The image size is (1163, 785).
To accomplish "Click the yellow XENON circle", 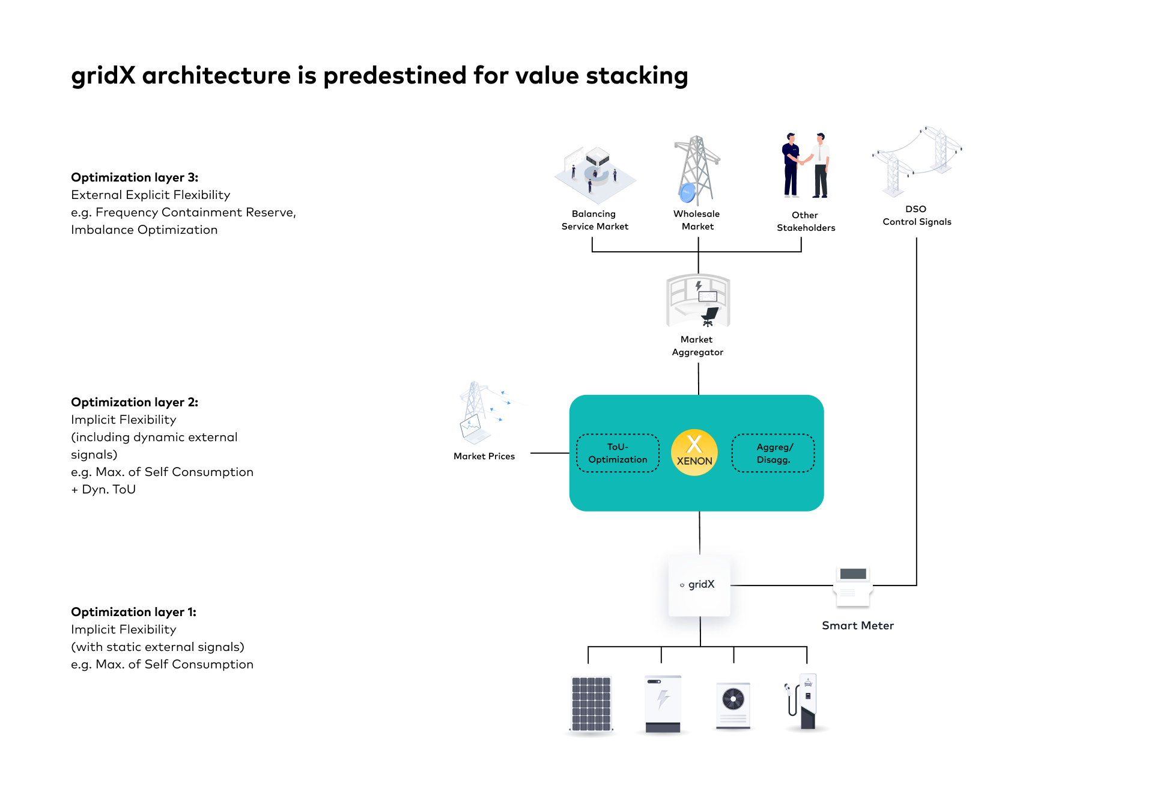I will (x=694, y=453).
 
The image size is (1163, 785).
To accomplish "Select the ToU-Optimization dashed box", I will (x=618, y=453).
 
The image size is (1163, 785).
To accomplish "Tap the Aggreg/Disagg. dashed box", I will (x=773, y=453).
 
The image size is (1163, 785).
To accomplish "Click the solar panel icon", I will (x=591, y=704).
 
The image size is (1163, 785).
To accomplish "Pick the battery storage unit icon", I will (x=663, y=704).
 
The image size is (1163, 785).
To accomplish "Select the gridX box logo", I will (x=699, y=585).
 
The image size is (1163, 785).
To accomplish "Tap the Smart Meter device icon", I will (x=853, y=585).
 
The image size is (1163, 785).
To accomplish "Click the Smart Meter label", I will (x=857, y=626).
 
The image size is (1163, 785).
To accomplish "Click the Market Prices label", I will (x=484, y=456).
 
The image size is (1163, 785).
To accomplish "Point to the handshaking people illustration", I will (x=806, y=165).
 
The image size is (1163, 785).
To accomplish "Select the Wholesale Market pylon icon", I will (x=696, y=170).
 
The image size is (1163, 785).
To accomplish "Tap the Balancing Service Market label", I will (x=594, y=220).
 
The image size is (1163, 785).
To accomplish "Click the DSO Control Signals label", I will (x=917, y=215).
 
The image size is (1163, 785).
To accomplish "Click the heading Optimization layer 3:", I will (x=135, y=177).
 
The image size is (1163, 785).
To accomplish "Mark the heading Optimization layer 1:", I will (x=133, y=612).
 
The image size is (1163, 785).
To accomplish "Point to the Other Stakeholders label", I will (x=806, y=221).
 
